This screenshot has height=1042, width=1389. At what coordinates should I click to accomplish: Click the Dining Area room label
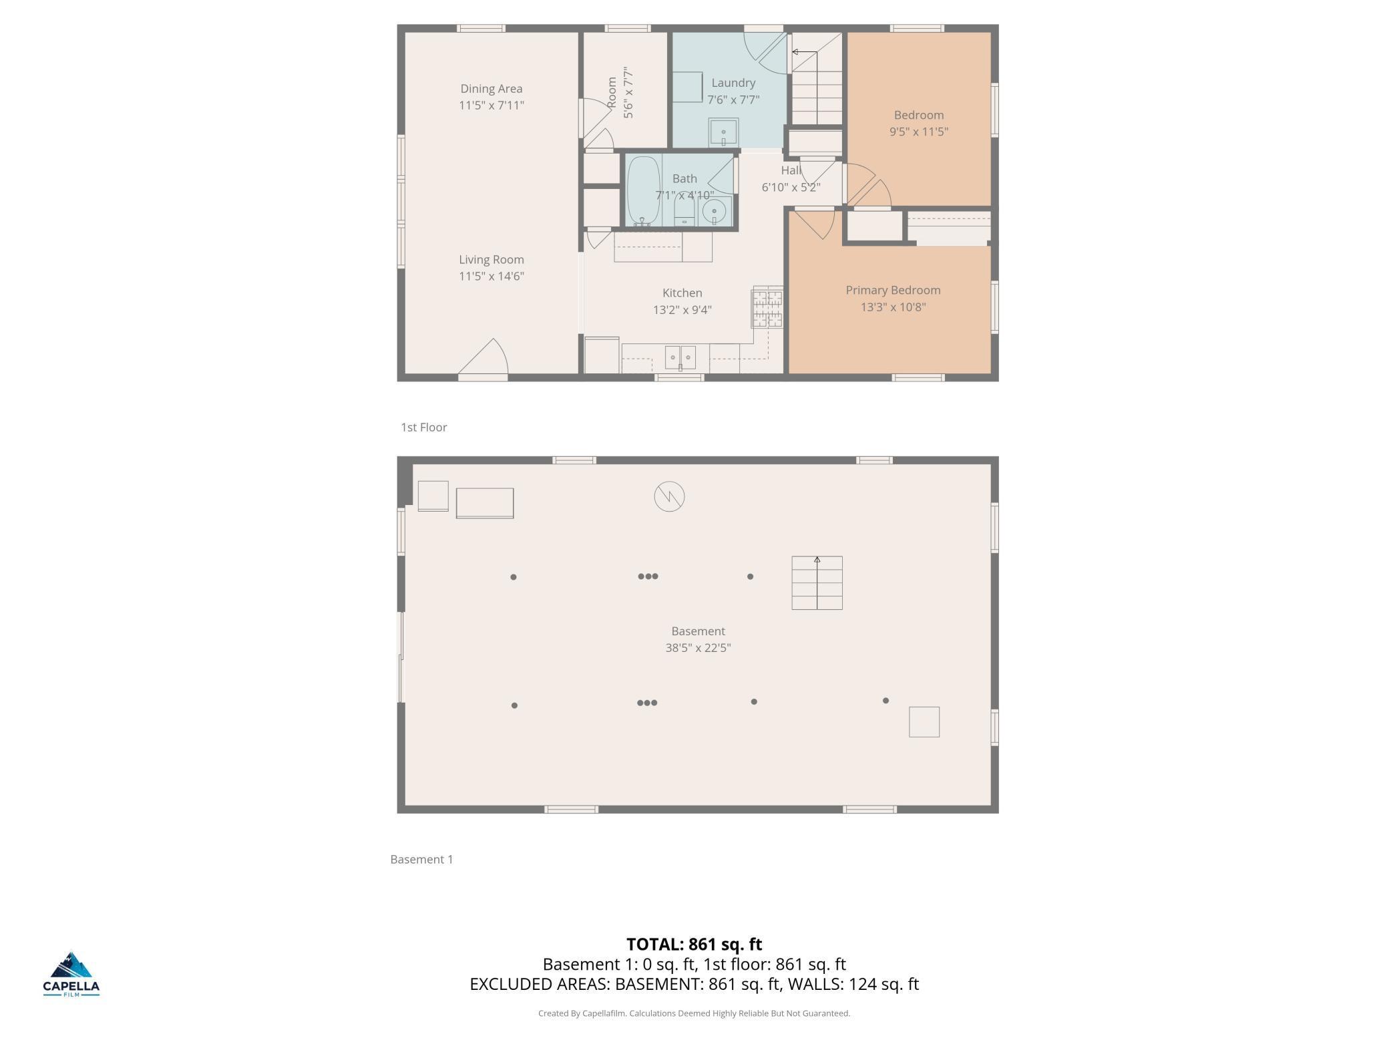[491, 89]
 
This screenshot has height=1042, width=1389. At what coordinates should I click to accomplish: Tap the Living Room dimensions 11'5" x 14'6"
[491, 276]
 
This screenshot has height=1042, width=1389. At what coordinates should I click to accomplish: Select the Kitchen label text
[682, 293]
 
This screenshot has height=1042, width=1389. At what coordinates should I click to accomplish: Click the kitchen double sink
[680, 357]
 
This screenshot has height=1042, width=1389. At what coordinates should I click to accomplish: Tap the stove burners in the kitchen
[767, 307]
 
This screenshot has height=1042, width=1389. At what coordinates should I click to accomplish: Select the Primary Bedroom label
[893, 290]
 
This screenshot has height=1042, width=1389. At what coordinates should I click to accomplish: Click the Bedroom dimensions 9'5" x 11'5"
[919, 132]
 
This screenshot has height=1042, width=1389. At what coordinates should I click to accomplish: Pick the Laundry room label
[733, 83]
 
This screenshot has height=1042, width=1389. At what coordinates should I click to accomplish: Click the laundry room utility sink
[723, 132]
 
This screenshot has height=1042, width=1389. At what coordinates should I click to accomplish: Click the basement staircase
[817, 582]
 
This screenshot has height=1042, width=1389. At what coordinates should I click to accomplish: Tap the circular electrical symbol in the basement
[669, 496]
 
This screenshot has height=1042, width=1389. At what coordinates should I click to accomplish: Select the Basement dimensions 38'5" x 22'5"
[698, 647]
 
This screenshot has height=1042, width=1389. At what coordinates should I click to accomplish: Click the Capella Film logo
[71, 974]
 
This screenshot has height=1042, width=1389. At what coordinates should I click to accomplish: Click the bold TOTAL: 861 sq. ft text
[694, 944]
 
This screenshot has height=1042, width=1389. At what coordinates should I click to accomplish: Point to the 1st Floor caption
[423, 427]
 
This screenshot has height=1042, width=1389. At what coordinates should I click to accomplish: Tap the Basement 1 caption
[421, 859]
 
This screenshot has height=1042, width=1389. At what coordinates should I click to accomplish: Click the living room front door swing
[485, 357]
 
